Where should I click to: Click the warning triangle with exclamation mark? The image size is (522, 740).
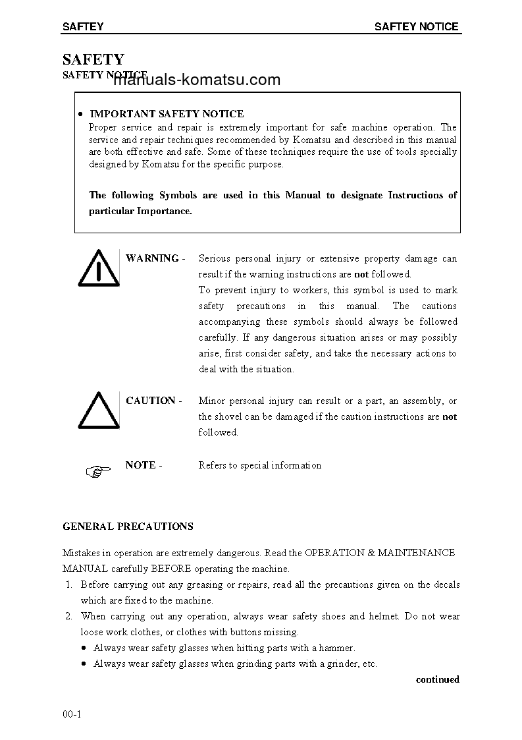pyautogui.click(x=97, y=269)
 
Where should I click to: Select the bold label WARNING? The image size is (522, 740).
pyautogui.click(x=151, y=258)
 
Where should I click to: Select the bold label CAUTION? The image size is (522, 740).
pyautogui.click(x=150, y=401)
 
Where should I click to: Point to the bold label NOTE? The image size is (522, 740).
pyautogui.click(x=140, y=465)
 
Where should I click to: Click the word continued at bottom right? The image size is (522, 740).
pyautogui.click(x=437, y=679)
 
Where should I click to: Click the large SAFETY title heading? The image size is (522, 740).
pyautogui.click(x=93, y=60)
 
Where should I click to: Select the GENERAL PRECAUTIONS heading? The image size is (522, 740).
pyautogui.click(x=128, y=527)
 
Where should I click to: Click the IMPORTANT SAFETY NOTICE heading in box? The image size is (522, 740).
pyautogui.click(x=167, y=114)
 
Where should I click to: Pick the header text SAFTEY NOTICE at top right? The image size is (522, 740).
pyautogui.click(x=416, y=27)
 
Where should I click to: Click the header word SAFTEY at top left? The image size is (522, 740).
pyautogui.click(x=83, y=27)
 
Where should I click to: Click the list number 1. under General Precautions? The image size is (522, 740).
pyautogui.click(x=68, y=584)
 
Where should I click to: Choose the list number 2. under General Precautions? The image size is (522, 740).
pyautogui.click(x=68, y=616)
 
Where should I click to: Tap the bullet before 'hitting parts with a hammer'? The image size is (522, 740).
pyautogui.click(x=84, y=648)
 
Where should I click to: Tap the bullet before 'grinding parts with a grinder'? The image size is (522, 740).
pyautogui.click(x=84, y=664)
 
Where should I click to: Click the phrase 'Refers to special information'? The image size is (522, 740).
pyautogui.click(x=260, y=465)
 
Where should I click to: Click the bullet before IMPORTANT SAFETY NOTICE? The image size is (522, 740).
pyautogui.click(x=79, y=115)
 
